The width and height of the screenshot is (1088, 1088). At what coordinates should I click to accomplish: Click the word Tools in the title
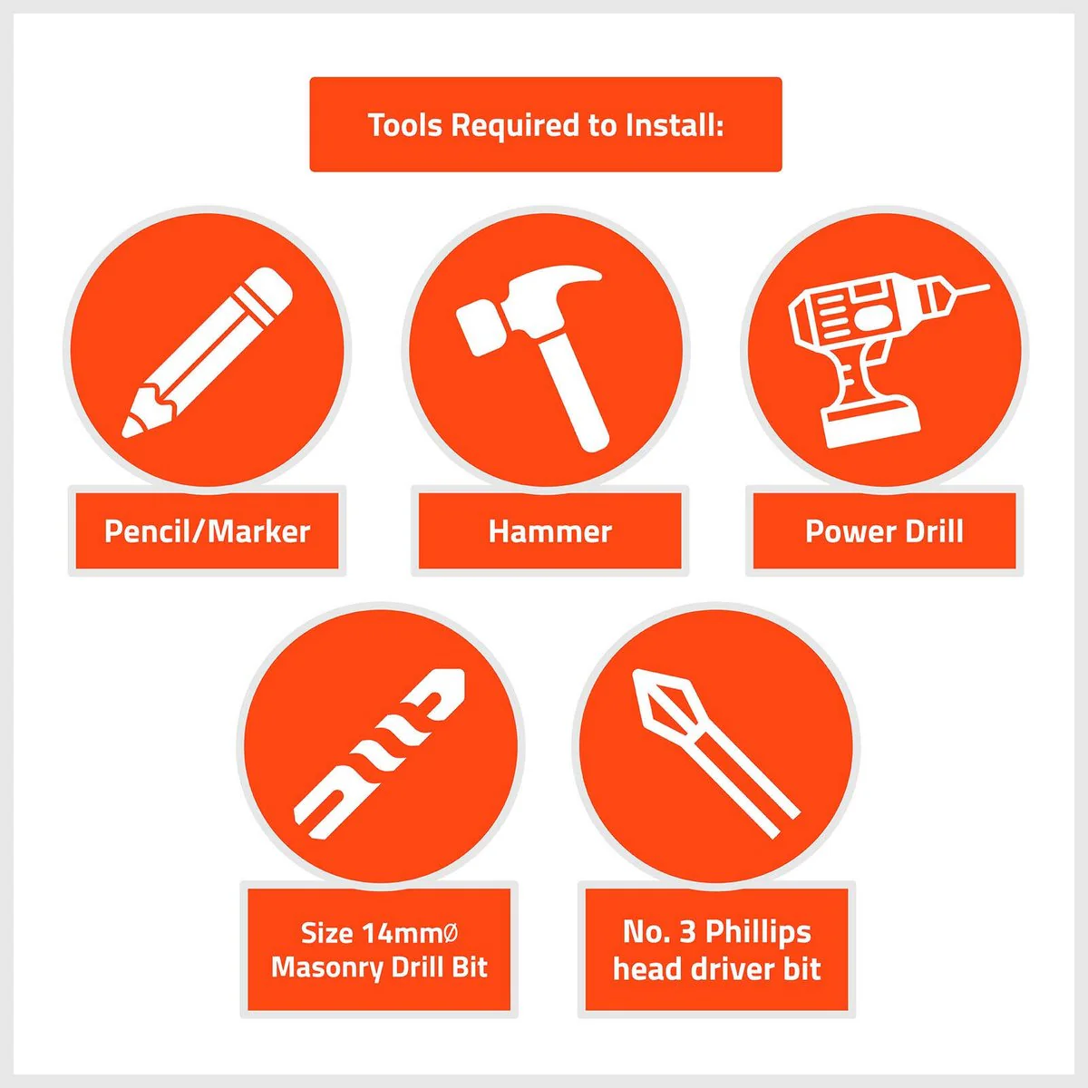tap(404, 125)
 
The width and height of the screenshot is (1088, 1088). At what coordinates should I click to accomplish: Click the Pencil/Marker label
tap(208, 531)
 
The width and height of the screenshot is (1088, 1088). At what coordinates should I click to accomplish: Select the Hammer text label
tap(550, 531)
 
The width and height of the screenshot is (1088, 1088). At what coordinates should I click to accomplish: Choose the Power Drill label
tap(884, 531)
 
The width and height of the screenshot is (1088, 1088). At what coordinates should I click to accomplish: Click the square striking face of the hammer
tap(478, 328)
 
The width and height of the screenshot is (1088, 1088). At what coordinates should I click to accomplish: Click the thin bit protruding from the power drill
tap(970, 290)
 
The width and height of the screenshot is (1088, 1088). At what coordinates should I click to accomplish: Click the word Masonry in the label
tap(327, 969)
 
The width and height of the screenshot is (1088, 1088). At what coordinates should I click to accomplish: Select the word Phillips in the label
tap(758, 933)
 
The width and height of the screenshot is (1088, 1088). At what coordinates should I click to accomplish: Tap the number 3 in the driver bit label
tap(687, 932)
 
